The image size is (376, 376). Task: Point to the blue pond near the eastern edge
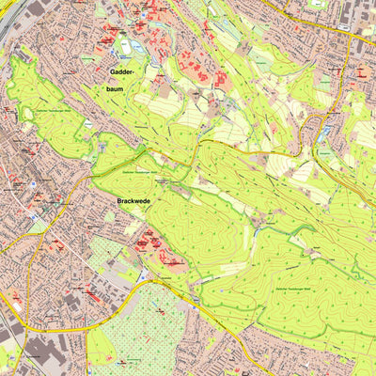[x=324, y=134]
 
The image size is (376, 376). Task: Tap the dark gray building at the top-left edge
[x=35, y=8]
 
